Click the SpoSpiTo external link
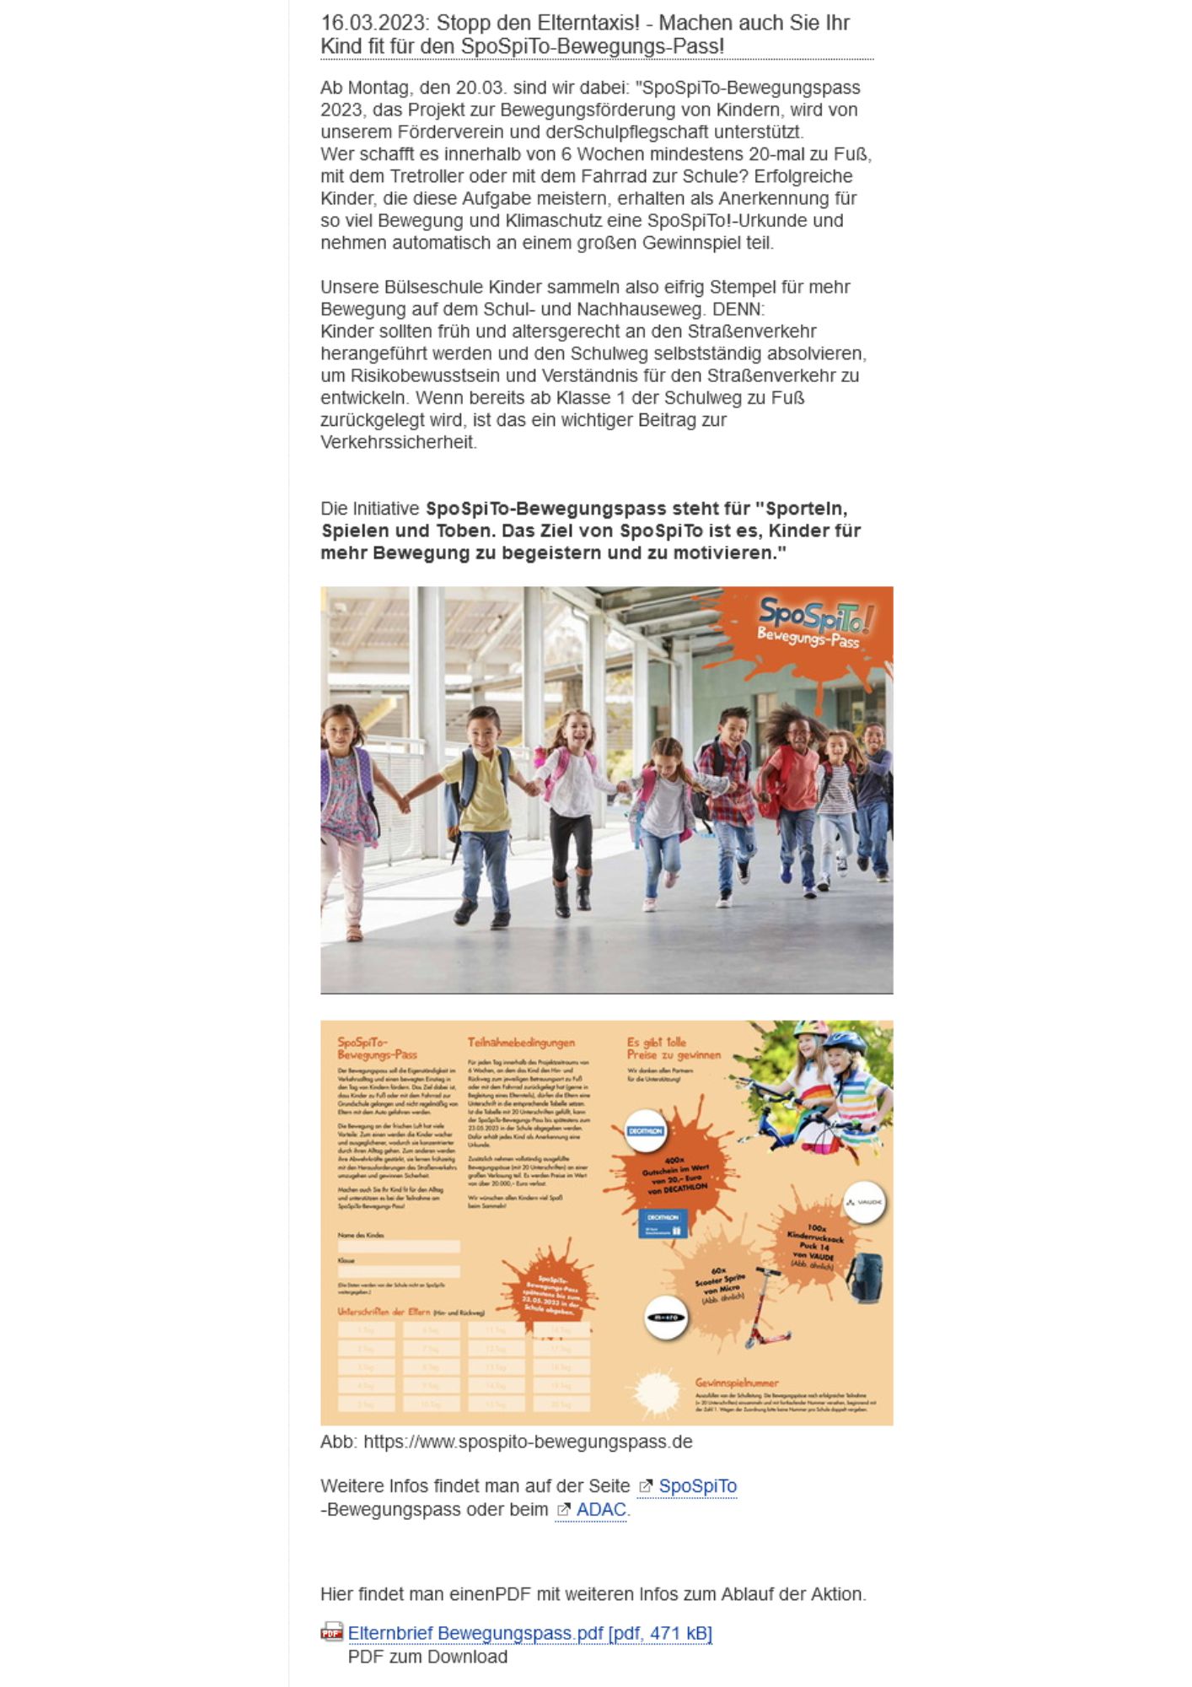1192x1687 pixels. [696, 1486]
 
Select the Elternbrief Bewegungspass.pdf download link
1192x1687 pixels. [529, 1634]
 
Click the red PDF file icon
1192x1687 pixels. [331, 1632]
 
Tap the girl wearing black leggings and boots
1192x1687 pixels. [571, 810]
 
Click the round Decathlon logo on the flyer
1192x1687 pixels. [646, 1131]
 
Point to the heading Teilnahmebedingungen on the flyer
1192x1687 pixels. [521, 1043]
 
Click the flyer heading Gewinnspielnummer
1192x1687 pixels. [737, 1383]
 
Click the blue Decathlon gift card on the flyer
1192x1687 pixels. [663, 1224]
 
